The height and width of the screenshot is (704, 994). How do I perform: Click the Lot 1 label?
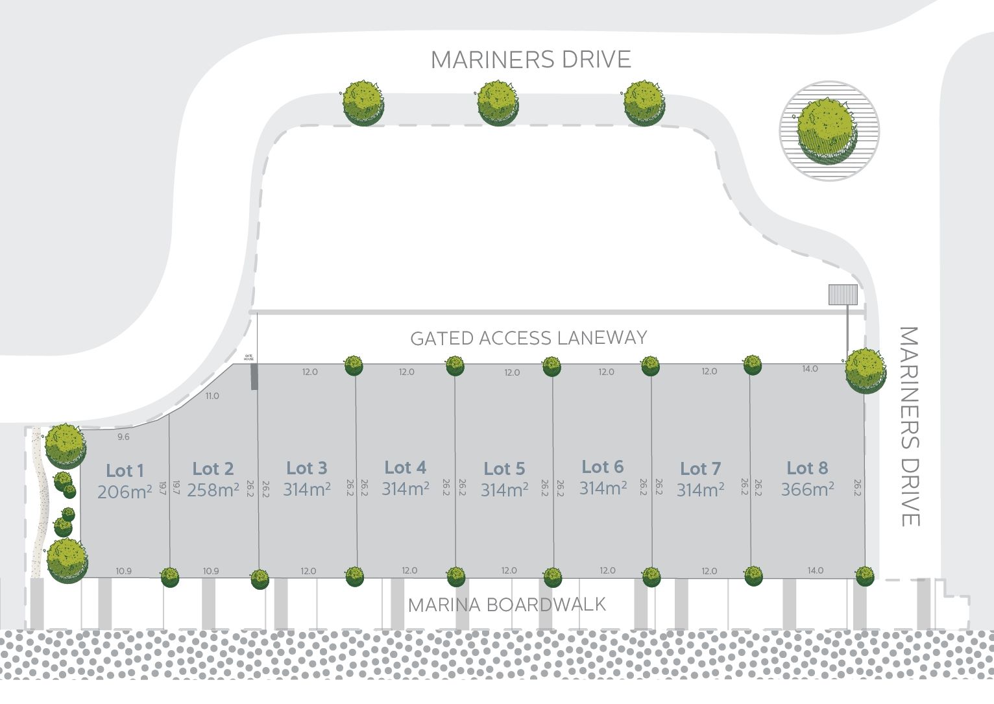pyautogui.click(x=125, y=470)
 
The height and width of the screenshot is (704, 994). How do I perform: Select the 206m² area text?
pyautogui.click(x=125, y=492)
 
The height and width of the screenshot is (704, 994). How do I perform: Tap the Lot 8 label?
pyautogui.click(x=807, y=468)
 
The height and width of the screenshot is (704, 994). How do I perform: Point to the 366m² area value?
pyautogui.click(x=807, y=489)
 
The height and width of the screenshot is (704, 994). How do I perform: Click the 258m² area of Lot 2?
pyautogui.click(x=213, y=490)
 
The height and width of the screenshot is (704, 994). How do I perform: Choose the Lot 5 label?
pyautogui.click(x=504, y=468)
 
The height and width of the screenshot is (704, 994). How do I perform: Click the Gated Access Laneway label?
pyautogui.click(x=529, y=338)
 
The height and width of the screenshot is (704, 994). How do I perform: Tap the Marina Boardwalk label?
pyautogui.click(x=507, y=605)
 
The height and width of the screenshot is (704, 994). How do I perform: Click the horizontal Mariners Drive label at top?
pyautogui.click(x=531, y=60)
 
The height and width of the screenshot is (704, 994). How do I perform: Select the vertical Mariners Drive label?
pyautogui.click(x=910, y=426)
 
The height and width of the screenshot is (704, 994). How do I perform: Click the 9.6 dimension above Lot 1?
pyautogui.click(x=123, y=437)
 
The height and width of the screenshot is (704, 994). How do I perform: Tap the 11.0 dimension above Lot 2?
pyautogui.click(x=212, y=396)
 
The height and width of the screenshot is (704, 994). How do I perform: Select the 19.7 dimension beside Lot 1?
pyautogui.click(x=160, y=489)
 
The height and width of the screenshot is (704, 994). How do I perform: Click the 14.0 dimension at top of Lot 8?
pyautogui.click(x=810, y=369)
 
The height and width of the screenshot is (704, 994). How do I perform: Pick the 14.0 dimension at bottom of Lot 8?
pyautogui.click(x=815, y=570)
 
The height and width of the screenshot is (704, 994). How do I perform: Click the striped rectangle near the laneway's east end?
pyautogui.click(x=843, y=295)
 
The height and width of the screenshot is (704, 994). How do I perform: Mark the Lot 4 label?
pyautogui.click(x=406, y=467)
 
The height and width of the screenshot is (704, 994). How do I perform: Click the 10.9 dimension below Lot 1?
pyautogui.click(x=123, y=571)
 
